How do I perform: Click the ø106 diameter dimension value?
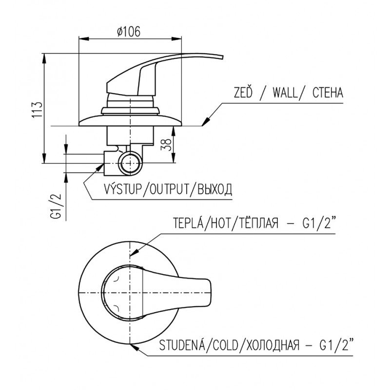pos(129,32)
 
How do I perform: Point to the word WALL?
pos(285,93)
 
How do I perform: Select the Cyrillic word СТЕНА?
pos(328,93)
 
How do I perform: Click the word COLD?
pos(226,346)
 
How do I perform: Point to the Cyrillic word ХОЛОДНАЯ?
pos(273,346)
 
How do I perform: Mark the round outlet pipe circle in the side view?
pos(130,163)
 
